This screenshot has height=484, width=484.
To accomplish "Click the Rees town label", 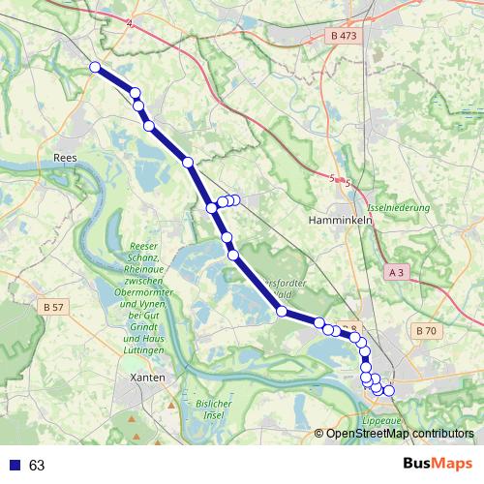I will pyautogui.click(x=65, y=154).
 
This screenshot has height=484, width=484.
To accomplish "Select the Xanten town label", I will pyautogui.click(x=152, y=377).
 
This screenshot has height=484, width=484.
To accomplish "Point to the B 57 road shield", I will pyautogui.click(x=53, y=307).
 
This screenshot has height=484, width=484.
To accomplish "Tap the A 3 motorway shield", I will pyautogui.click(x=395, y=274).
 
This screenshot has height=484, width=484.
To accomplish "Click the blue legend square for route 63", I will pyautogui.click(x=14, y=466).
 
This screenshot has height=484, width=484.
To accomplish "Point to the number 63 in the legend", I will pyautogui.click(x=37, y=466).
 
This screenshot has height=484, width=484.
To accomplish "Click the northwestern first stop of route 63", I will pyautogui.click(x=95, y=67).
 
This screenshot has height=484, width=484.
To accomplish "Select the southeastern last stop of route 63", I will pyautogui.click(x=389, y=391).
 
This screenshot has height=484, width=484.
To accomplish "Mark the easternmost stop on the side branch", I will pyautogui.click(x=235, y=199).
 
